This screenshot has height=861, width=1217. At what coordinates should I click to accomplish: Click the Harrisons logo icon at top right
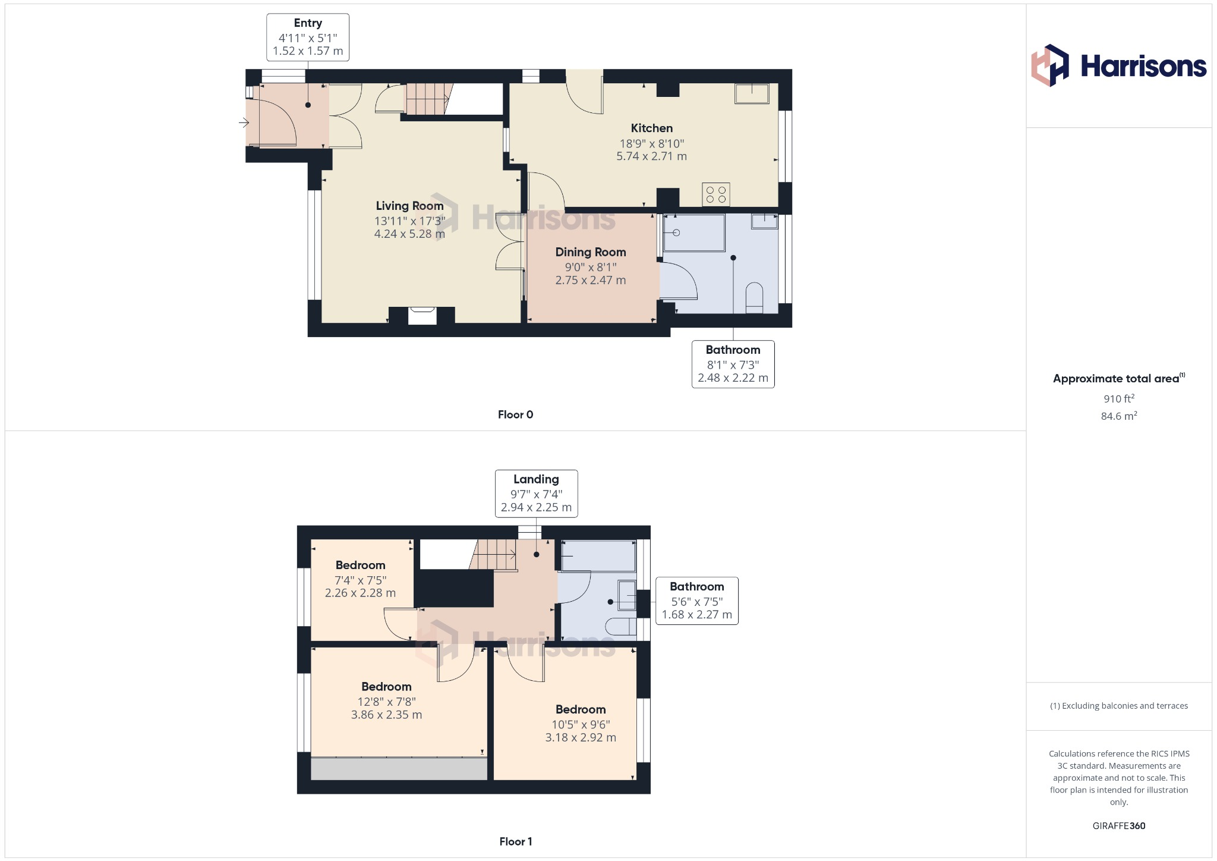pos(1049,65)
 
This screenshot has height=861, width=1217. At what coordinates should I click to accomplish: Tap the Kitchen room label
pos(651,128)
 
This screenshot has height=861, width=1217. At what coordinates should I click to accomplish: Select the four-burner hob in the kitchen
pos(715,194)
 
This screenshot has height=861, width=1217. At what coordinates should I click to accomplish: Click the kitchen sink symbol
pos(752,93)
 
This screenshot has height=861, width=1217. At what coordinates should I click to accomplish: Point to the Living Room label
pos(409,206)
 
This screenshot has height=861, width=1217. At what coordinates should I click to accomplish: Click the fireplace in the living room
pos(422,315)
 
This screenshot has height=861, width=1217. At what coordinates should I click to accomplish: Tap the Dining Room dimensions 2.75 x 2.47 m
pos(590,280)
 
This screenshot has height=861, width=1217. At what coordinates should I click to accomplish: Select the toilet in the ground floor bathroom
pos(754,297)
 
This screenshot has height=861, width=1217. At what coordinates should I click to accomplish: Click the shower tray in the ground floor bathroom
pos(694,232)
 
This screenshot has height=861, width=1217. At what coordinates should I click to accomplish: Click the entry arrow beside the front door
pos(244,123)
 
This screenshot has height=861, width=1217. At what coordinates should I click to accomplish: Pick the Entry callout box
pos(307,37)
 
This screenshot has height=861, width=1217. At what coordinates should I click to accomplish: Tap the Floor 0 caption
pos(515,414)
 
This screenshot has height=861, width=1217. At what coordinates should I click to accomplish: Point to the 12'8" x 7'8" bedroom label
pos(386,701)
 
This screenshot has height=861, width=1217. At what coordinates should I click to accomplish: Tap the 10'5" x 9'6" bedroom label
pos(580,724)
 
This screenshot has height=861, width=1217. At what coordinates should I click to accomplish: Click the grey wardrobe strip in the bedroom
pos(399,768)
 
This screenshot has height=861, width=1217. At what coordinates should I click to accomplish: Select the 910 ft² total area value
pos(1118,398)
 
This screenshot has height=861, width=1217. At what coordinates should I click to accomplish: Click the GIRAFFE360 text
pos(1118,825)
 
